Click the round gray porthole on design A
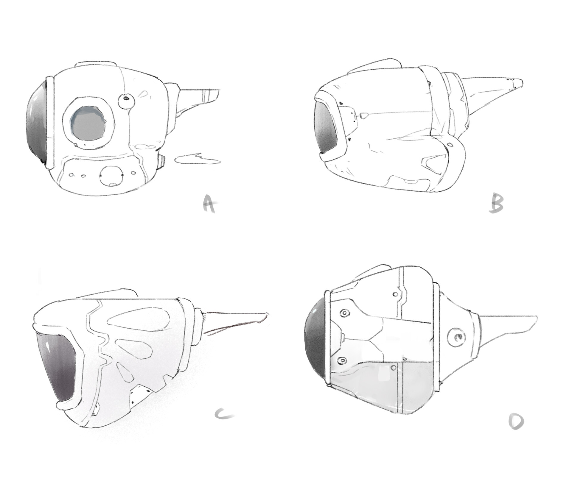pos(88,123)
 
